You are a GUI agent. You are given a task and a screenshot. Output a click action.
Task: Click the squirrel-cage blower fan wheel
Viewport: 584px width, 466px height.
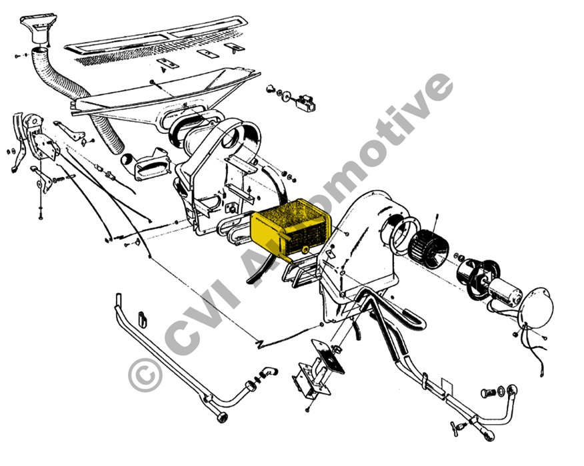click(x=428, y=246)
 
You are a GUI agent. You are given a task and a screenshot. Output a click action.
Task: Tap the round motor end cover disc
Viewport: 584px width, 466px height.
click(x=535, y=308)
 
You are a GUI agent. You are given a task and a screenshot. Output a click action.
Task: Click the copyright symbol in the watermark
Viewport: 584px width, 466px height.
click(x=145, y=374)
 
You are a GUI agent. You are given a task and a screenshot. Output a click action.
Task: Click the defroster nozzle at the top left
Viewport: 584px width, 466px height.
click(x=39, y=30)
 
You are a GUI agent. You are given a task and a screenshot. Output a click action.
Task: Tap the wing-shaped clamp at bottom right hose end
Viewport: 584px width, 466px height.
click(x=458, y=425)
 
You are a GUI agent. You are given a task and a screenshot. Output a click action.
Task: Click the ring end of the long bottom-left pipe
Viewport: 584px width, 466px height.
click(x=222, y=417)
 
